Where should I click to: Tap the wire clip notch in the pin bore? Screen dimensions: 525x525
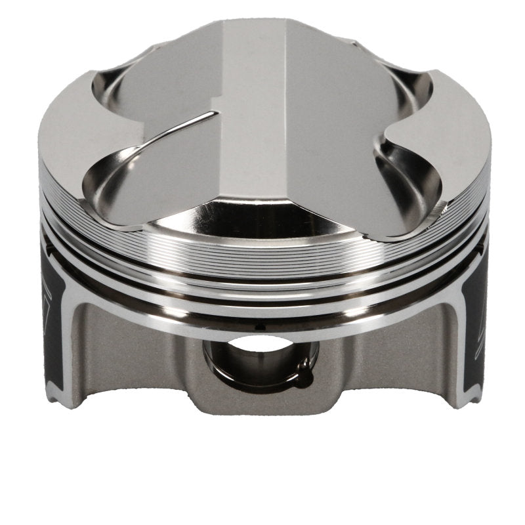click(303, 369)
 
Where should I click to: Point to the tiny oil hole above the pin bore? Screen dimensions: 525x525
click(257, 326)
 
